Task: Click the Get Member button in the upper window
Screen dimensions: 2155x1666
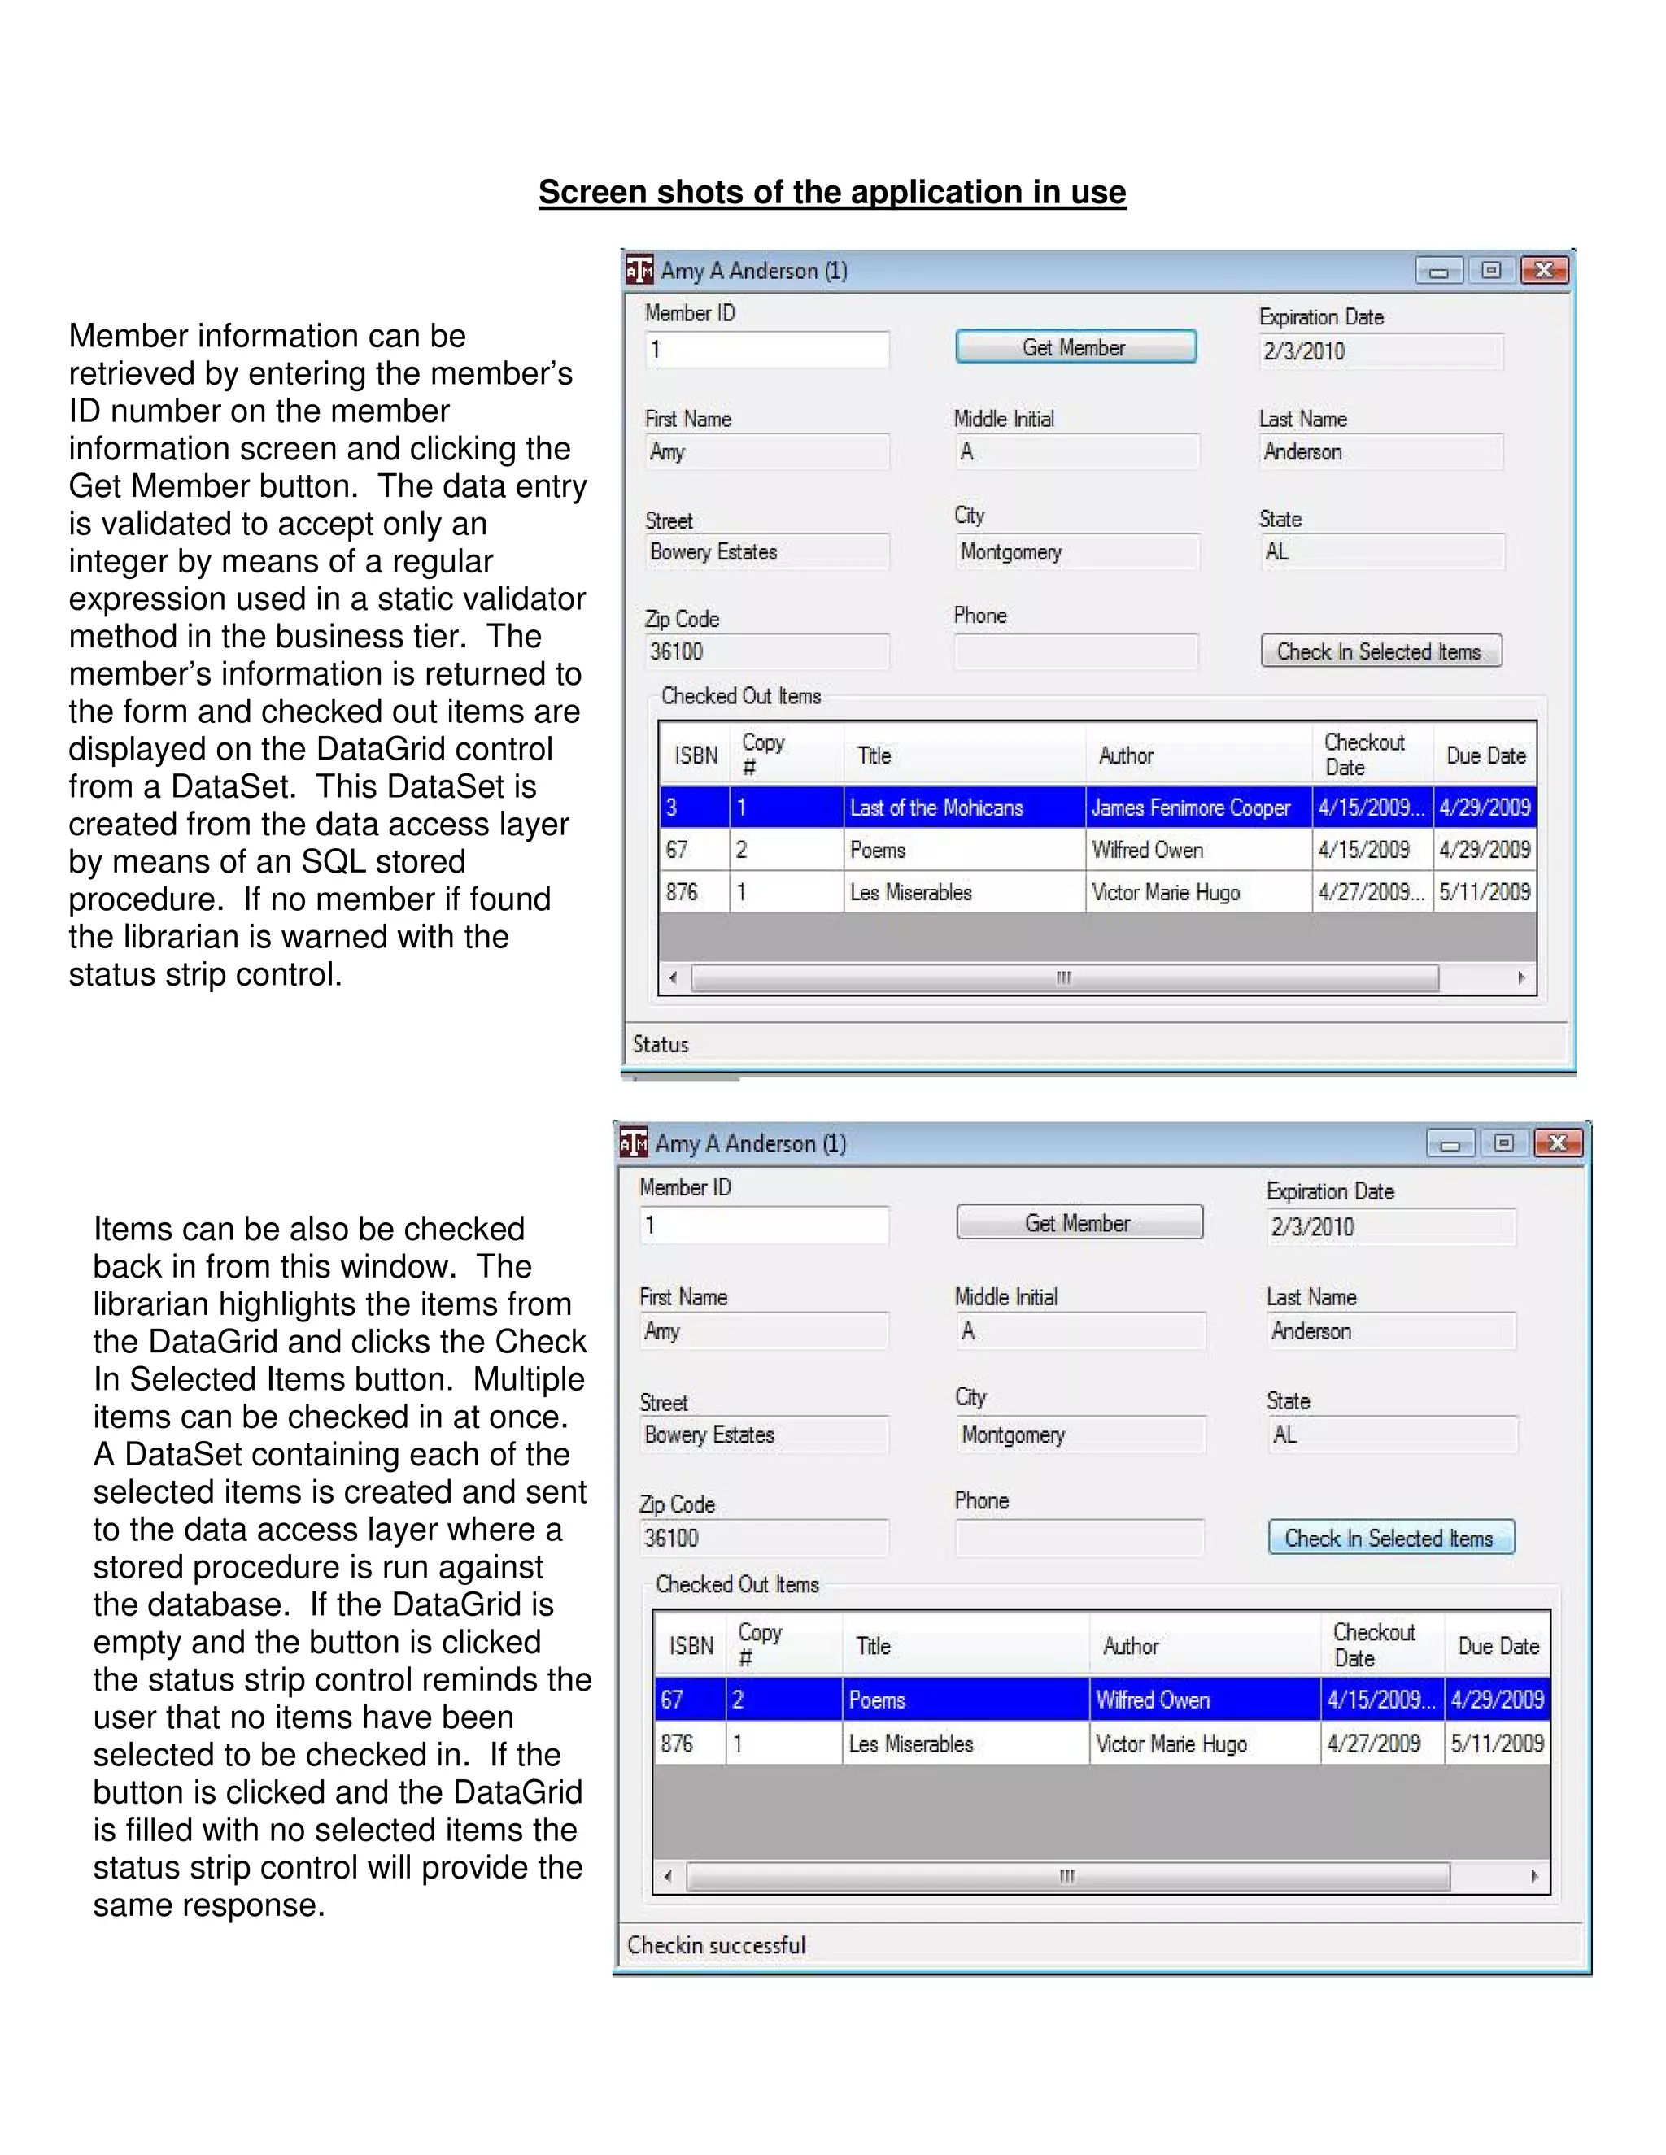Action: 1075,347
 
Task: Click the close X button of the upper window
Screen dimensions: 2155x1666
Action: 1545,270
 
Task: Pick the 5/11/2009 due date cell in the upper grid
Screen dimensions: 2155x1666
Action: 1485,892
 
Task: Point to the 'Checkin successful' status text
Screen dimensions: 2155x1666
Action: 717,1945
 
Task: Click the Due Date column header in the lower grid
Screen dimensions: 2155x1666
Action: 1498,1646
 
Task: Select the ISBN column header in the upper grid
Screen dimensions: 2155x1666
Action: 695,755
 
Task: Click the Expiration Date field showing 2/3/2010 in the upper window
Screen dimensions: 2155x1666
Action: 1380,352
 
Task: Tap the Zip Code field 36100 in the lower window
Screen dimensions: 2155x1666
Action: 762,1539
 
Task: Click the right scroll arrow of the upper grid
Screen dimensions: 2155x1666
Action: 1521,977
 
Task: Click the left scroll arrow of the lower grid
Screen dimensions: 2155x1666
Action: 668,1876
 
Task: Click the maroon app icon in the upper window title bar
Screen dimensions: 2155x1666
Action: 639,270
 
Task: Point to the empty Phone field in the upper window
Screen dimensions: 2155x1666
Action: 1075,652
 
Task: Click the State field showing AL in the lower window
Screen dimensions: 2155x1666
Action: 1390,1434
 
